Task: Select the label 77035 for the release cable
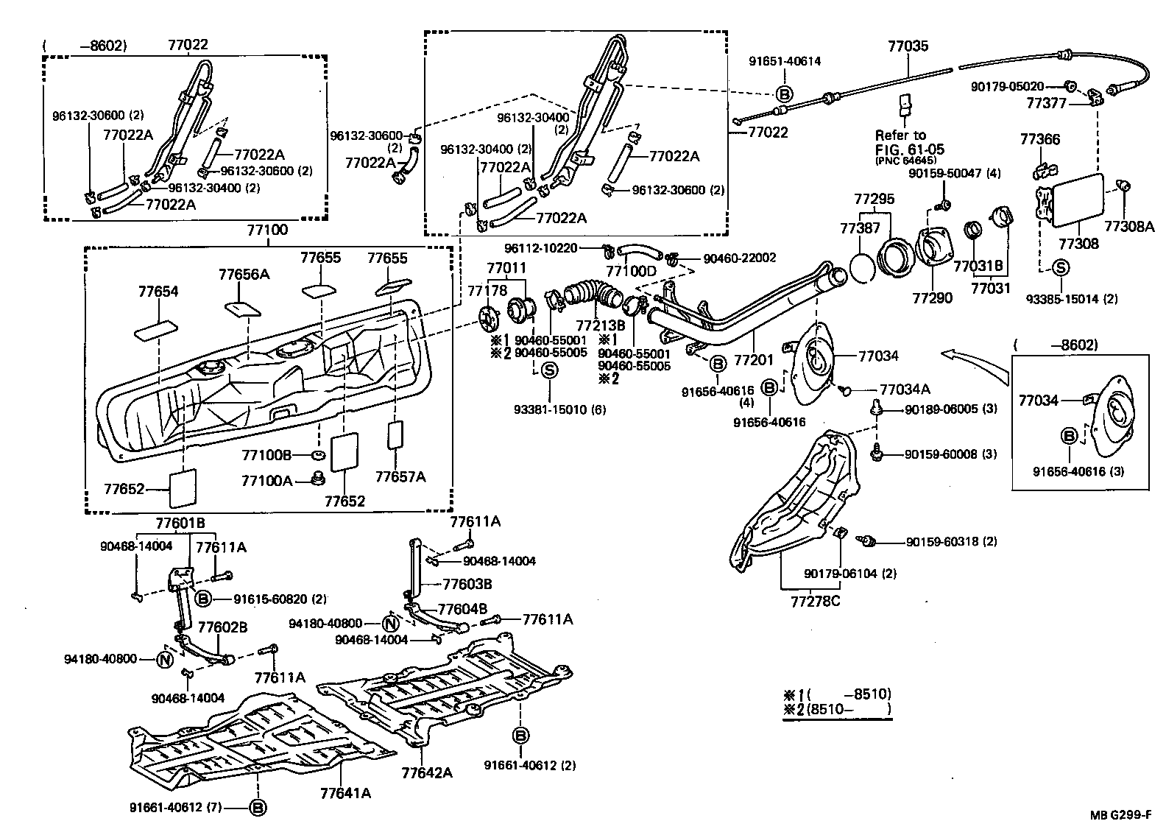(x=908, y=46)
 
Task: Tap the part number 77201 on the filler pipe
(x=754, y=359)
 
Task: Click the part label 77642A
(x=427, y=772)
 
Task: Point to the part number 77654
(x=158, y=292)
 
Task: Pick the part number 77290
(x=933, y=298)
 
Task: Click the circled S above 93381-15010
(x=549, y=371)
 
